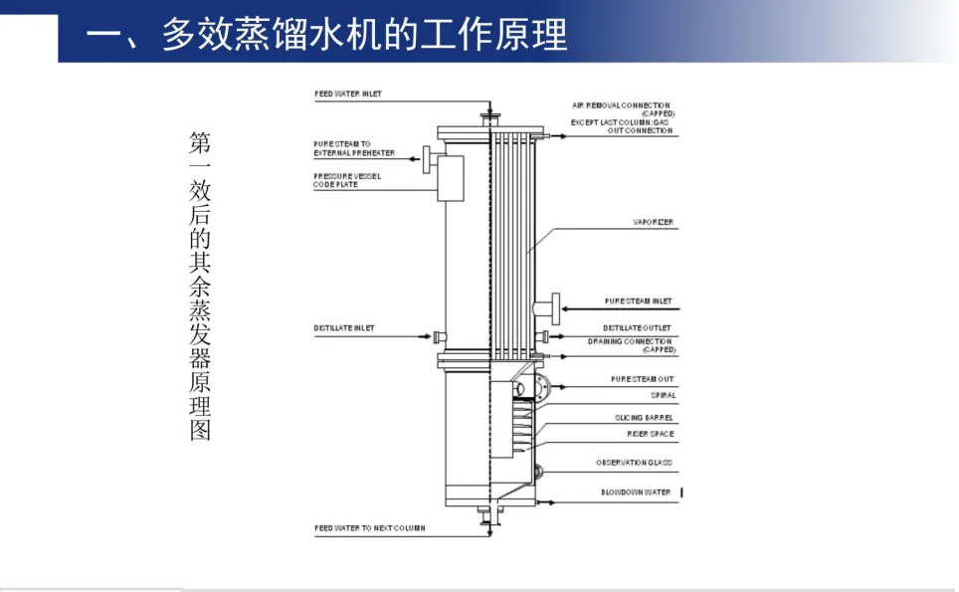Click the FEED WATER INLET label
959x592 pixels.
[348, 95]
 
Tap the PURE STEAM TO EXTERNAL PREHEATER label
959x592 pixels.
[354, 148]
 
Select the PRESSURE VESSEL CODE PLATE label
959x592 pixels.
[347, 180]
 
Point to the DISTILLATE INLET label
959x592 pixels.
[344, 328]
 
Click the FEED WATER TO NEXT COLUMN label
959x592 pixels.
[370, 528]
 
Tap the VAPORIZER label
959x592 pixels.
[654, 222]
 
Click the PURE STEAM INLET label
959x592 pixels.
[638, 300]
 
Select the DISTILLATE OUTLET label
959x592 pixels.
[637, 327]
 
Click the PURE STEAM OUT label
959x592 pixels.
[642, 379]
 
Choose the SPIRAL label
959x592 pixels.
[663, 396]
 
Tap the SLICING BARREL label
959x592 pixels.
[644, 418]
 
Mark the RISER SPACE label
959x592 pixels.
[651, 434]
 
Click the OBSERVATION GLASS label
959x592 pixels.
[634, 463]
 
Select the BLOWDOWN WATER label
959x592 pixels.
[636, 493]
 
